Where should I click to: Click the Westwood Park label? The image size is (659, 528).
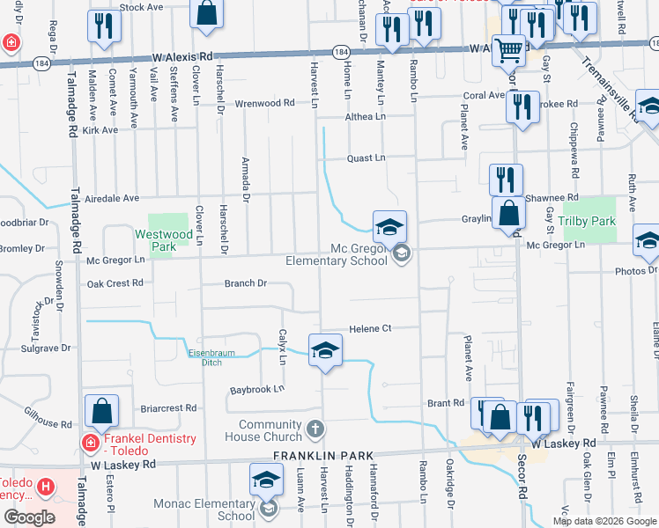pos(164,241)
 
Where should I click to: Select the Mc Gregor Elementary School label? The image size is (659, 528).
pos(337,254)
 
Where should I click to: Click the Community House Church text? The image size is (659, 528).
pos(257,430)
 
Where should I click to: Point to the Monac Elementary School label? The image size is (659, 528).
pos(204,510)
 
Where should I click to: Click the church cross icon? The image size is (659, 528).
pos(315,429)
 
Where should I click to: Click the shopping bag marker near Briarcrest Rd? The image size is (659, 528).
pos(102,412)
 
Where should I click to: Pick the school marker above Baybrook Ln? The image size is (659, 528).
pos(324,351)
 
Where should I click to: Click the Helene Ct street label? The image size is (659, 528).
pos(370,328)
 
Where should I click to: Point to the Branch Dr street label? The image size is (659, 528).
pos(245,283)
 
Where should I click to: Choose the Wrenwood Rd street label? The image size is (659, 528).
pos(264,103)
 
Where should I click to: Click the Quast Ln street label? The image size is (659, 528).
pos(366,158)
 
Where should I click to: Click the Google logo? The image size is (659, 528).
pos(29,517)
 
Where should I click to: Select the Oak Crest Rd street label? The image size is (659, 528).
pos(115,283)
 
